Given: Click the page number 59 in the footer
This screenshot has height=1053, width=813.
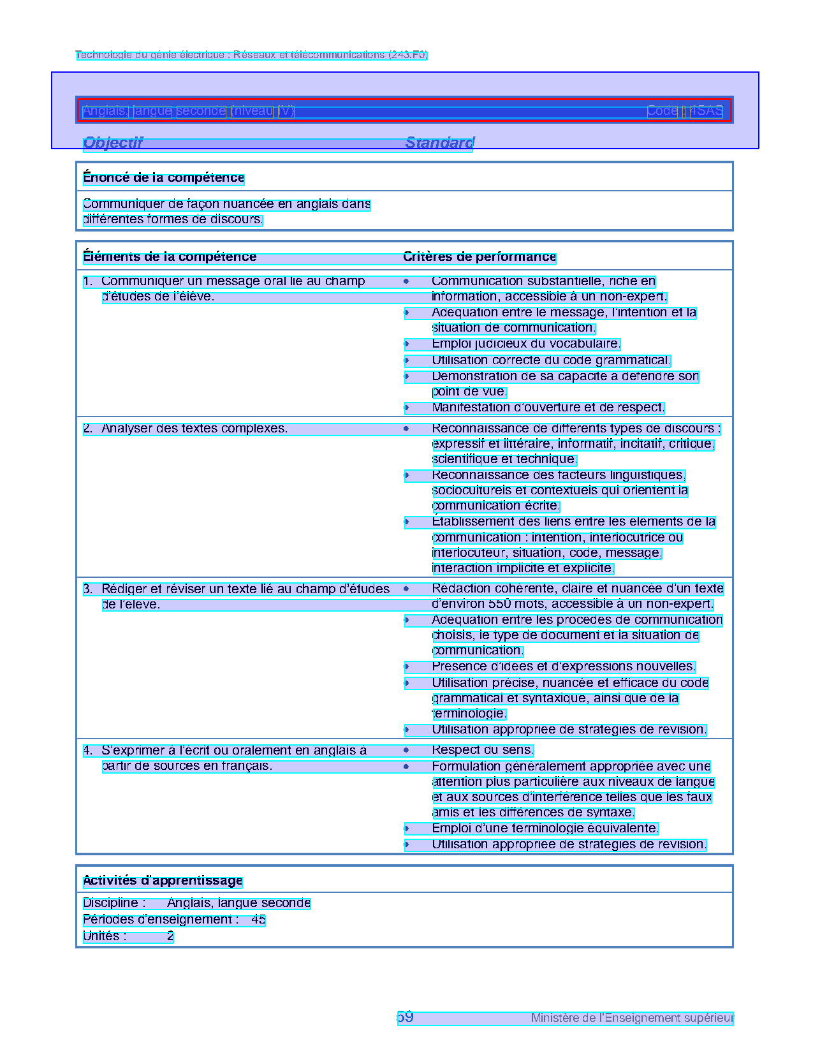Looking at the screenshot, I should click(x=405, y=1017).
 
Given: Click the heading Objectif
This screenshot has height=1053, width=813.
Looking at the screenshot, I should click(x=113, y=143).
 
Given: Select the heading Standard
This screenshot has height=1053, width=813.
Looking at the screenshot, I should click(x=439, y=143).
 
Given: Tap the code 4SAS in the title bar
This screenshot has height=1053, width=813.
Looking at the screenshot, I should click(x=707, y=111).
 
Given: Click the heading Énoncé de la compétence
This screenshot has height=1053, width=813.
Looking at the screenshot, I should click(x=163, y=178).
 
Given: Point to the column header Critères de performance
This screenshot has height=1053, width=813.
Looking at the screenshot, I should click(x=480, y=257).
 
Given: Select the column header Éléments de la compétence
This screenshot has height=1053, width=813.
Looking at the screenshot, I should click(x=170, y=257).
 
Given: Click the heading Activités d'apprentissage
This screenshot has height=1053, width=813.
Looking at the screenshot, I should click(x=163, y=881).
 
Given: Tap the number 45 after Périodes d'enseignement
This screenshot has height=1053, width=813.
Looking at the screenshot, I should click(x=258, y=920).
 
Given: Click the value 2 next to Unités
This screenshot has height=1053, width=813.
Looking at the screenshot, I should click(x=170, y=936).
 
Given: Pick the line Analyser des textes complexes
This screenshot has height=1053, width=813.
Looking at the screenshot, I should click(x=194, y=429).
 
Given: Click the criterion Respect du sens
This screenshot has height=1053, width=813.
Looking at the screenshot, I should click(x=483, y=750).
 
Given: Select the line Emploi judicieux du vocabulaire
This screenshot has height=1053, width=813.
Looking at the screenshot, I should click(x=525, y=344).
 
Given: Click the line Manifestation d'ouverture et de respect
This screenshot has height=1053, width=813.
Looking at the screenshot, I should click(x=548, y=408).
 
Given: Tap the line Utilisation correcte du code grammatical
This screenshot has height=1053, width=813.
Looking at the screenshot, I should click(x=551, y=360).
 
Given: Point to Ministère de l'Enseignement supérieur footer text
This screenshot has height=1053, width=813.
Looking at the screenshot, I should click(x=632, y=1018).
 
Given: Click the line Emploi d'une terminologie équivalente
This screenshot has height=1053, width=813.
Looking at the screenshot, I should click(x=545, y=828).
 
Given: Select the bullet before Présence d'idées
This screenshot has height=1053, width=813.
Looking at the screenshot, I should click(x=406, y=667).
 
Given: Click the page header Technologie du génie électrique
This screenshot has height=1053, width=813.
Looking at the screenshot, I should click(x=251, y=55).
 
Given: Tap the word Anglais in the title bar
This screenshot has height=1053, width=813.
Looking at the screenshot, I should click(x=105, y=111).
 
